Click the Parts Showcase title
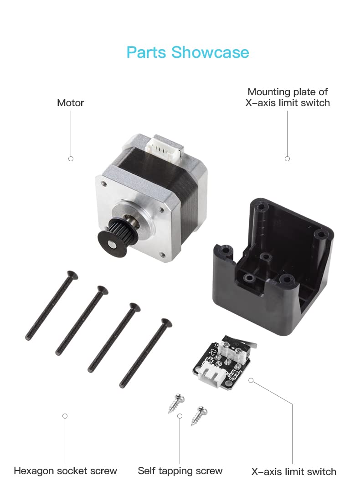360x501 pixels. (188, 52)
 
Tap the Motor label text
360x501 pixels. (70, 103)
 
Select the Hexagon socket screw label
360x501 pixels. (65, 471)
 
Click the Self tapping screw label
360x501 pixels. (180, 471)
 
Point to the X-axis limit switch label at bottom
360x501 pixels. (293, 471)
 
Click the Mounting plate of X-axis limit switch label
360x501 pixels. (288, 97)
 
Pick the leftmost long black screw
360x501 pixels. (51, 306)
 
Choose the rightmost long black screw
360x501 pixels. (146, 353)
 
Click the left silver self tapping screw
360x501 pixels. (176, 404)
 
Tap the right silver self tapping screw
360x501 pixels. (199, 416)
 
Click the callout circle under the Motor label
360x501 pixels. (71, 159)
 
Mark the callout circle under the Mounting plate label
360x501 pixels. (287, 159)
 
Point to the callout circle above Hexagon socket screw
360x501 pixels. (65, 416)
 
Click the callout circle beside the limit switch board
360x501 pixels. (251, 380)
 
